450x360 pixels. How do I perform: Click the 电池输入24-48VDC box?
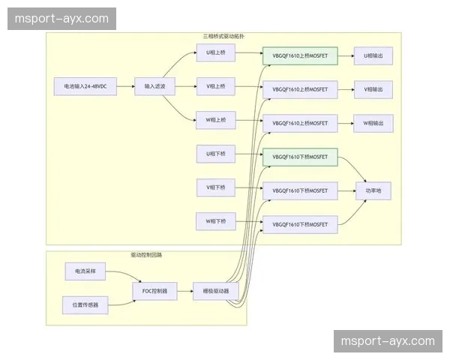pos(85,87)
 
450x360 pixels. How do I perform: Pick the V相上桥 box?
pos(215,87)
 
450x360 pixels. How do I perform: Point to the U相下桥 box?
pos(215,154)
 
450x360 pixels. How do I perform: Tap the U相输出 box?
pos(373,56)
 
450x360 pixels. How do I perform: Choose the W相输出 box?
pos(373,123)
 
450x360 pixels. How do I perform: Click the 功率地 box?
pos(373,191)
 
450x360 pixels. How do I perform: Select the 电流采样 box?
pos(85,270)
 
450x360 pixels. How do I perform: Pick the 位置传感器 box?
pos(85,304)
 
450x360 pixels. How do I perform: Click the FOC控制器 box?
pos(154,290)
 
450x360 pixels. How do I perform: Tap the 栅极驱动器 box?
pos(216,290)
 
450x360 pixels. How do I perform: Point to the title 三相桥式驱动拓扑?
pos(224,36)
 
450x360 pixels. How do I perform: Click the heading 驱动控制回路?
pos(146,255)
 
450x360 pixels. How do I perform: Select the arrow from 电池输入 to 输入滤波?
pos(125,87)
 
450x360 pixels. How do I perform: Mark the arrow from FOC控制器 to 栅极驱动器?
pos(185,290)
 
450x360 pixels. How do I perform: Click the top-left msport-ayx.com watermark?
pos(62,19)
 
